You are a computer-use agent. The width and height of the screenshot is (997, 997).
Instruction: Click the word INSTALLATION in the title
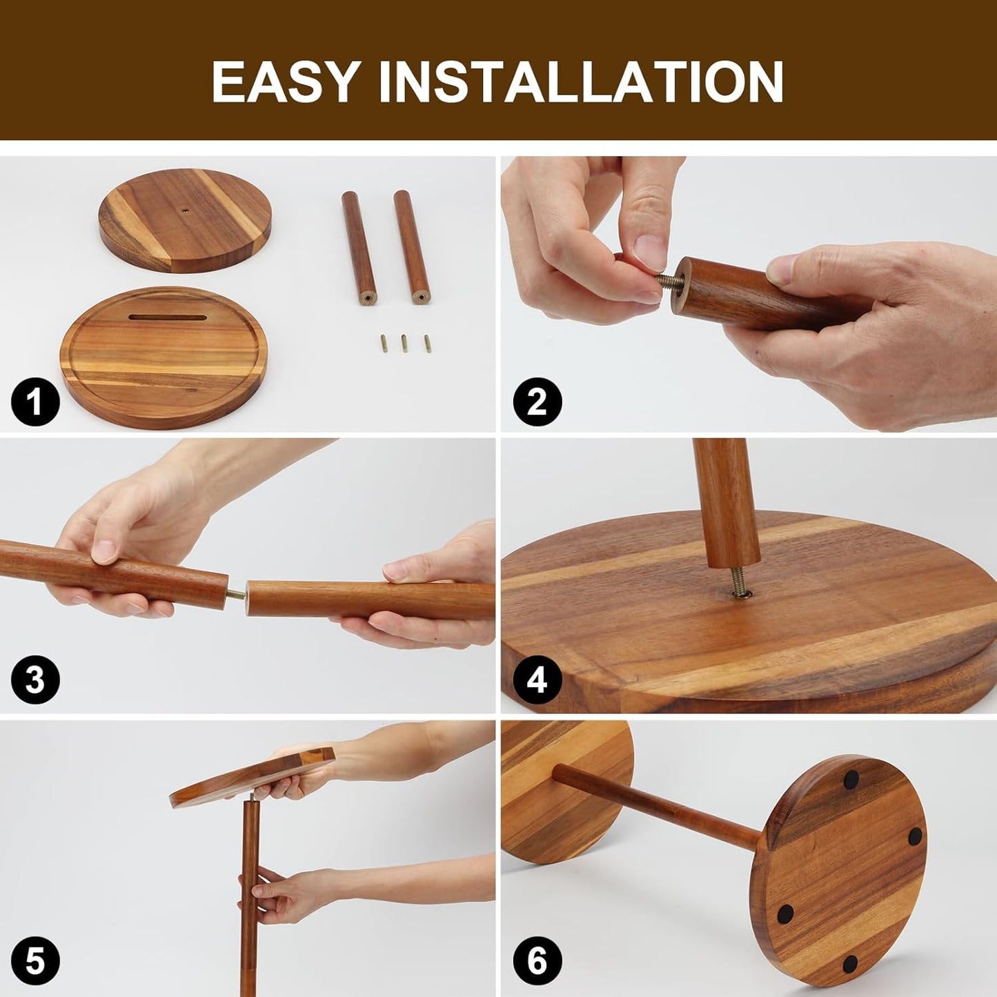tap(581, 81)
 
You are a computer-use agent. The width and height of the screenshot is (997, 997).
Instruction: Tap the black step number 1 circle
tap(35, 402)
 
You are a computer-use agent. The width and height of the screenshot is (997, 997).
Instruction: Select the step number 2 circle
tap(537, 402)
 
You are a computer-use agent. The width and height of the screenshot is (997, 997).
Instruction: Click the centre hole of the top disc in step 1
tap(185, 211)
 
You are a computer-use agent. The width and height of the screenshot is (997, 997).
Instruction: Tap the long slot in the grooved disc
tap(167, 317)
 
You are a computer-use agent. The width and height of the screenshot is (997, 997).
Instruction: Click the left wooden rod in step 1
tap(359, 247)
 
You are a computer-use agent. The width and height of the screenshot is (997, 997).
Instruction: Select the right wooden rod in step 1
tap(411, 247)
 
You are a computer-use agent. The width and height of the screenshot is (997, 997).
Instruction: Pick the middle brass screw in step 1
tap(404, 343)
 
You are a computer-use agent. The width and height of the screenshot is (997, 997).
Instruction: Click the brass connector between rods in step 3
tap(237, 595)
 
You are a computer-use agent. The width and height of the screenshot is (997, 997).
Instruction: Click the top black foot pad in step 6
tap(851, 779)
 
